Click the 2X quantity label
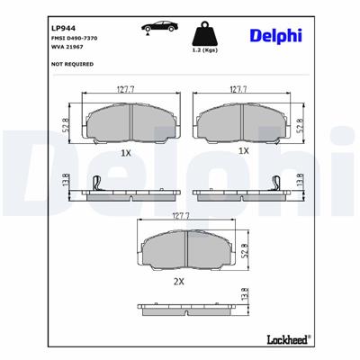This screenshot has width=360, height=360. coord(178,281)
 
